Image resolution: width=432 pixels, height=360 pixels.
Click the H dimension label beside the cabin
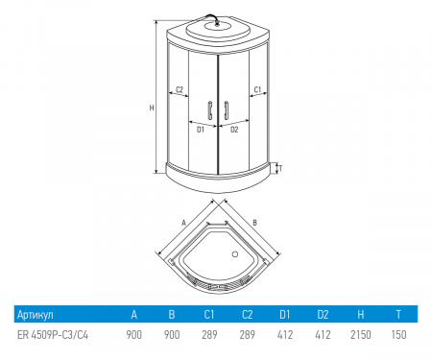tap(152, 108)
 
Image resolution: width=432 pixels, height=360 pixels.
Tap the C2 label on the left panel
tap(180, 89)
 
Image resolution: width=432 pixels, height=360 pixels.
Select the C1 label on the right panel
tap(257, 89)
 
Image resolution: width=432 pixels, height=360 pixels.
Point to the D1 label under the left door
tap(201, 130)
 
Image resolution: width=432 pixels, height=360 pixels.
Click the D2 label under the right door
tap(234, 130)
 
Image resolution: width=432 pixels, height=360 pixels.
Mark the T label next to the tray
tap(280, 168)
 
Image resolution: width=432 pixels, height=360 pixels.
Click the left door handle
tap(210, 110)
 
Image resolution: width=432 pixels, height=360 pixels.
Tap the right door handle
tap(226, 110)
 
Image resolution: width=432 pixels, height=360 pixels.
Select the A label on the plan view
tap(183, 223)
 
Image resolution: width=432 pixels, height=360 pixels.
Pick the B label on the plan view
tap(254, 223)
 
